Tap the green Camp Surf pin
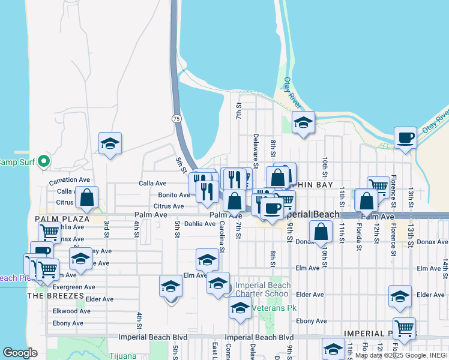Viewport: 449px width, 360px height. (x=43, y=161)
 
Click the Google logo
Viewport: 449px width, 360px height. (x=20, y=353)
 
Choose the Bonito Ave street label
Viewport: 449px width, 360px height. (x=174, y=195)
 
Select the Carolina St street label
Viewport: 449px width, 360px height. (x=221, y=235)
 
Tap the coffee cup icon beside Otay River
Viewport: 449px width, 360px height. (x=405, y=137)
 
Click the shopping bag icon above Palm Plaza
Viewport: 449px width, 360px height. (x=87, y=197)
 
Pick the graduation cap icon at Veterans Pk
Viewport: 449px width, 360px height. (x=240, y=308)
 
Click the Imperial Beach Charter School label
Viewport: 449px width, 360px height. (x=262, y=289)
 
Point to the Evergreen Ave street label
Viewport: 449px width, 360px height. (x=74, y=287)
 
